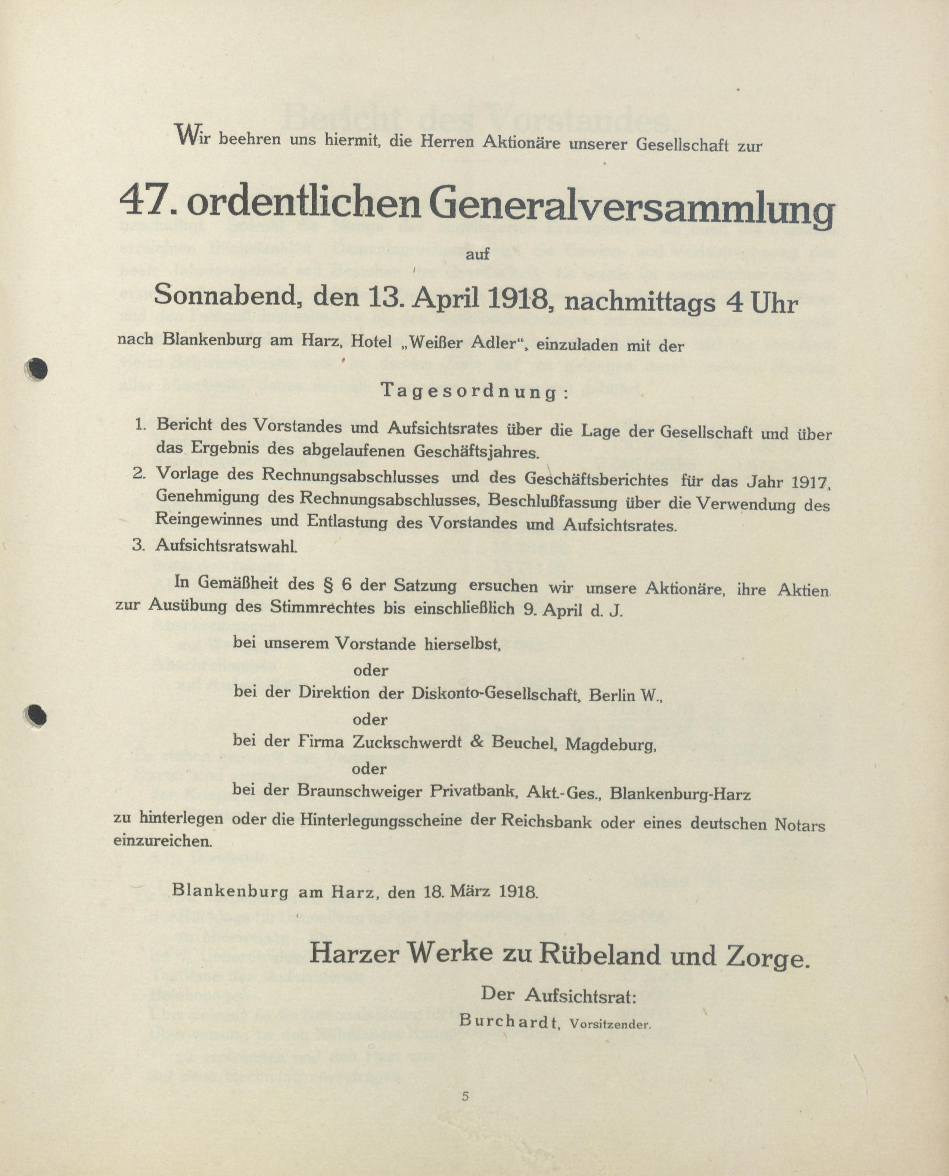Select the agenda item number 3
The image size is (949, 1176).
pos(138,545)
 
